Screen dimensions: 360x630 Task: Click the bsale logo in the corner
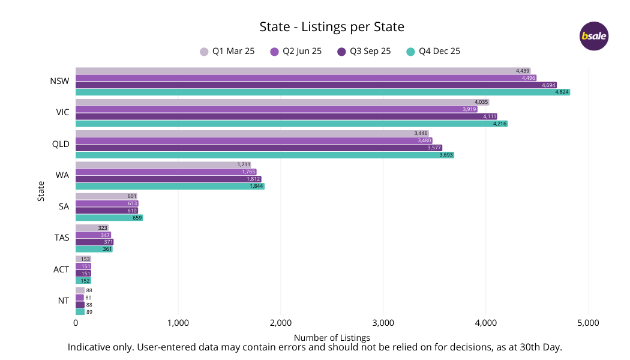[594, 36]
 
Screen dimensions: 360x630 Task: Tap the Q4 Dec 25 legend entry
[433, 52]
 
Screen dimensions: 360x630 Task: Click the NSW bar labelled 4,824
[322, 92]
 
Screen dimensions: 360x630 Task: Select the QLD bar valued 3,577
[259, 148]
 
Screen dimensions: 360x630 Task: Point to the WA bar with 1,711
[163, 164]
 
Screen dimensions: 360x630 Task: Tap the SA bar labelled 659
[109, 218]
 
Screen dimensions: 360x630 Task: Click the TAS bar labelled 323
[92, 228]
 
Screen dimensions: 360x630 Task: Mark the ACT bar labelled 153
[83, 259]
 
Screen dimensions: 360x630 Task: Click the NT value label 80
[89, 298]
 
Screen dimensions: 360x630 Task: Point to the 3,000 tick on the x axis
[383, 323]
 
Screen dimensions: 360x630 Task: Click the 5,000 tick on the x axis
[587, 323]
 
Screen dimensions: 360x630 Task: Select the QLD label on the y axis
[61, 144]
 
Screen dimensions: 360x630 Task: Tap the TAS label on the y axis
[61, 238]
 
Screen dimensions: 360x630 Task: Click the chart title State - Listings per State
[332, 27]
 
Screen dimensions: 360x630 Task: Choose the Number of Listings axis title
[332, 338]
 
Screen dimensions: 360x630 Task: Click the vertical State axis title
[41, 191]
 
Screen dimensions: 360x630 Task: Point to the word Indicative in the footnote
[89, 347]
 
